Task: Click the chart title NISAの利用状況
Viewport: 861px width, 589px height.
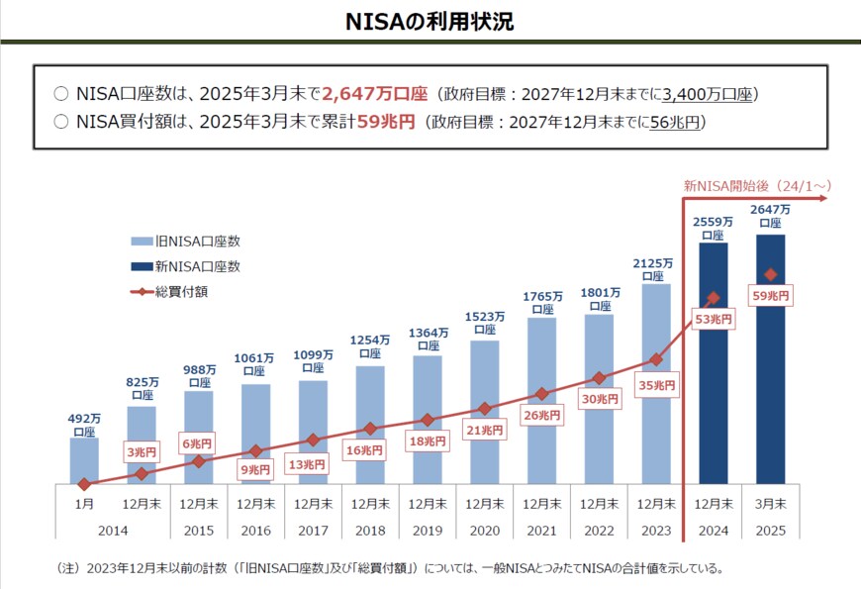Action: click(430, 21)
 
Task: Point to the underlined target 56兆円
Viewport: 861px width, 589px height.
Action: click(676, 123)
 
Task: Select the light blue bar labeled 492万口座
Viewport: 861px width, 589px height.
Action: click(84, 461)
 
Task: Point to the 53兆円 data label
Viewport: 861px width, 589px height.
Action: click(714, 320)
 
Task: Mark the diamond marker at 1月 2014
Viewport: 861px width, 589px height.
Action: click(84, 484)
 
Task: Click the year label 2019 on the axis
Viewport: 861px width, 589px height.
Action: click(428, 531)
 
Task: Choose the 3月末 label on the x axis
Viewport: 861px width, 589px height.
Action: click(770, 504)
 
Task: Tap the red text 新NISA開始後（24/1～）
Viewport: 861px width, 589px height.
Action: click(754, 184)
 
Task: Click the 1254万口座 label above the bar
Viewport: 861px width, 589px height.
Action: click(370, 346)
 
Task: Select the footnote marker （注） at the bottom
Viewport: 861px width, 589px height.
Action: click(71, 569)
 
